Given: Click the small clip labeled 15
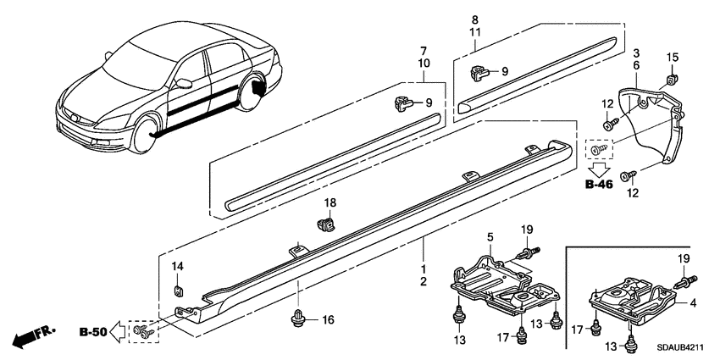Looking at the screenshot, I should [672, 79].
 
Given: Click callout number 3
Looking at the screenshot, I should [635, 53].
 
